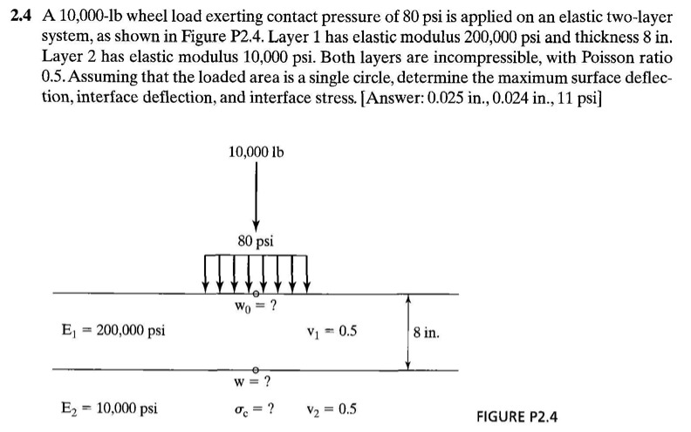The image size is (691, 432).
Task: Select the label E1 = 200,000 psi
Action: click(109, 331)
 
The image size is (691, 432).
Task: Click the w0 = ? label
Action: click(256, 307)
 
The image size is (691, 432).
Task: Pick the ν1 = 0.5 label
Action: click(332, 331)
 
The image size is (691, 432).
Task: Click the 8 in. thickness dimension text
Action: click(433, 332)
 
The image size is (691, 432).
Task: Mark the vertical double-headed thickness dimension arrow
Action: click(407, 332)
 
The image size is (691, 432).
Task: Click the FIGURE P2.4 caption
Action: click(518, 415)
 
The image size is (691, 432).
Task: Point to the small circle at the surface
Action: click(256, 294)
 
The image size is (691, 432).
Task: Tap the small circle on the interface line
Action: click(256, 370)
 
